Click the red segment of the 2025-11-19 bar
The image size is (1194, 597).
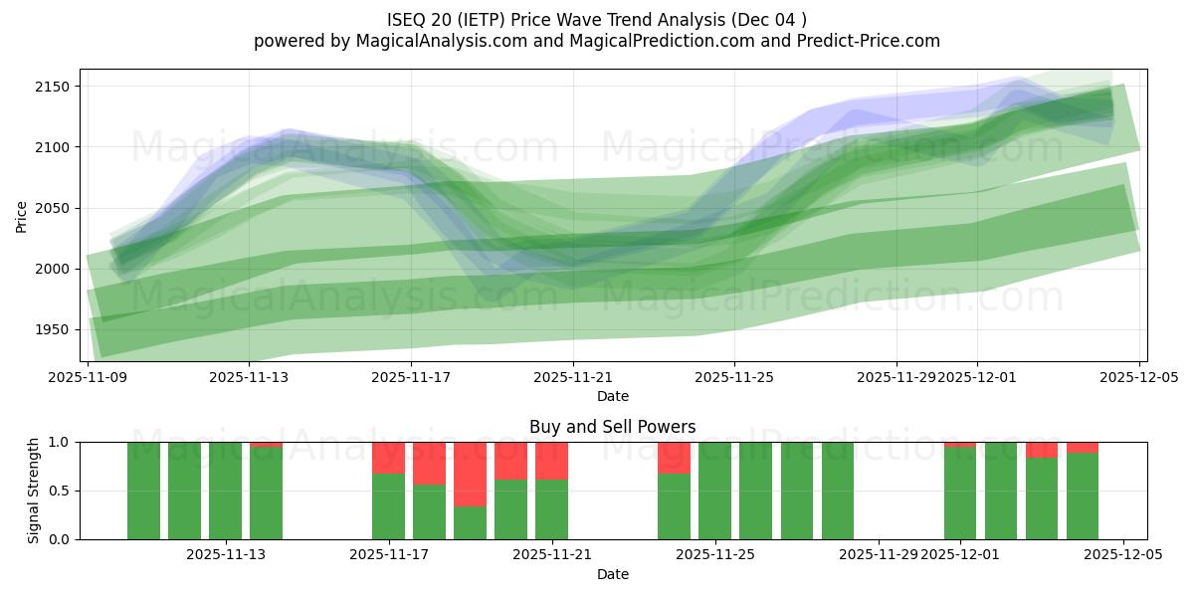470,474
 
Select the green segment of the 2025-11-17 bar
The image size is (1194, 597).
388,506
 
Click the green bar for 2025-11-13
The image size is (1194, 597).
266,494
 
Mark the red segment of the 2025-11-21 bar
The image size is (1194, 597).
551,461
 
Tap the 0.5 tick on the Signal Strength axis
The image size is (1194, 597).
60,491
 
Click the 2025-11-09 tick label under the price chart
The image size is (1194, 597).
89,378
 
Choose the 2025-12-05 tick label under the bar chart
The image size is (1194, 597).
1123,555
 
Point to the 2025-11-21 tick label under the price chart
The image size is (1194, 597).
573,378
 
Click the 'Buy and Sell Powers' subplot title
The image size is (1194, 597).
613,427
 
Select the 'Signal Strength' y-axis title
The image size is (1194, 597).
33,491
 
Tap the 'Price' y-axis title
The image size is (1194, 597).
21,215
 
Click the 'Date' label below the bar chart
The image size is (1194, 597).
613,574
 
